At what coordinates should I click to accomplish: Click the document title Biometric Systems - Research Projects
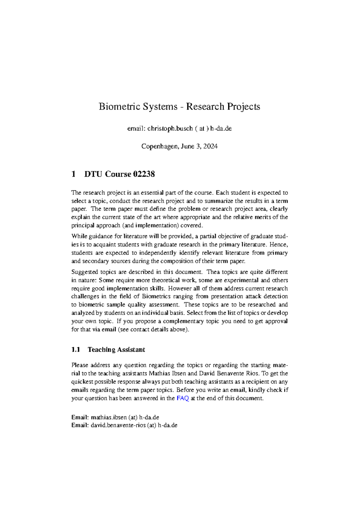(x=179, y=107)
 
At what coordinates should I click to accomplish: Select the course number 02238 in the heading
(x=144, y=174)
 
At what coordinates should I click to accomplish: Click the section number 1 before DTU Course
(x=73, y=174)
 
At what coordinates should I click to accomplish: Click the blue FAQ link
(x=182, y=398)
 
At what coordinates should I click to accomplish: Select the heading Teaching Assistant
(x=116, y=350)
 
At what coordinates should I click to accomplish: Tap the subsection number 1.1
(x=76, y=350)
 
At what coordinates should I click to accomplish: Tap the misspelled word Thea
(x=213, y=272)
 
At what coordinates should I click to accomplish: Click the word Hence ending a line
(x=279, y=245)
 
